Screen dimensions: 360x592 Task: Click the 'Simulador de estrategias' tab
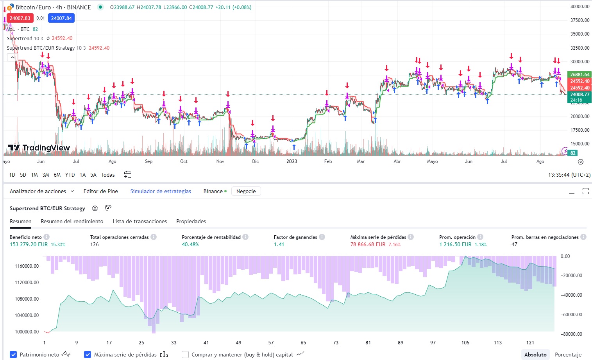click(161, 191)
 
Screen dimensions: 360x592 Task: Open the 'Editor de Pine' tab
click(100, 191)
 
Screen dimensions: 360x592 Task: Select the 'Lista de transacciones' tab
click(140, 221)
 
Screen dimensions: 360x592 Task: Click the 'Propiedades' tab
click(191, 221)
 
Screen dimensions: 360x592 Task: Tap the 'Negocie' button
click(246, 191)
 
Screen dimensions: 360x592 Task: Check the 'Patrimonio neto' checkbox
click(14, 355)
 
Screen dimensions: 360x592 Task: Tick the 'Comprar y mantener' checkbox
click(185, 355)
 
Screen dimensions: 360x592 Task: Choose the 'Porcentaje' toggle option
click(568, 355)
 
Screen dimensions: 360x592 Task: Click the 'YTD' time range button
click(70, 175)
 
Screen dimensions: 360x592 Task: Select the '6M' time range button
click(57, 175)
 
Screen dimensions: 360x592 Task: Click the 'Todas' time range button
click(108, 175)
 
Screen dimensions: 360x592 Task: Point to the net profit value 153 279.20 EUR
click(29, 244)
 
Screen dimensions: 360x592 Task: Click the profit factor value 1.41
click(279, 244)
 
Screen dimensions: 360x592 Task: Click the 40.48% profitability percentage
click(190, 244)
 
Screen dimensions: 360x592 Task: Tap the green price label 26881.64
click(579, 74)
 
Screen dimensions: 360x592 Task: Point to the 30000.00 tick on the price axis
click(579, 61)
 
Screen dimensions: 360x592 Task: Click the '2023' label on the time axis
click(292, 161)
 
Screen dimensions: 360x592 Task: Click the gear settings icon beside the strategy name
click(95, 208)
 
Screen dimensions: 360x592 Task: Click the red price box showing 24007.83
click(20, 18)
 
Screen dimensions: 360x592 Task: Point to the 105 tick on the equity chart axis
click(465, 342)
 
